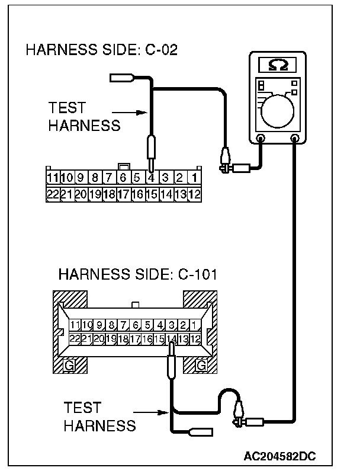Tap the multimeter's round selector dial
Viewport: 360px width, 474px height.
pyautogui.click(x=278, y=110)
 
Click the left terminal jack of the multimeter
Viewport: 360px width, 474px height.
pyautogui.click(x=261, y=140)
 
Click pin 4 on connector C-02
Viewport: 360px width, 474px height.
pyautogui.click(x=151, y=177)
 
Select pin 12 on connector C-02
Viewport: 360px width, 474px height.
pyautogui.click(x=194, y=194)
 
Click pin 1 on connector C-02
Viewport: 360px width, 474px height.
pyautogui.click(x=194, y=177)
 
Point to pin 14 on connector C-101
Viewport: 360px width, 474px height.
pyautogui.click(x=172, y=339)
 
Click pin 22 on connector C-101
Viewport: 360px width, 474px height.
pyautogui.click(x=75, y=339)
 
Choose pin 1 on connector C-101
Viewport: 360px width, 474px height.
pyautogui.click(x=195, y=325)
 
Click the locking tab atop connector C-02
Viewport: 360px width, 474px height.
pyautogui.click(x=124, y=166)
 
